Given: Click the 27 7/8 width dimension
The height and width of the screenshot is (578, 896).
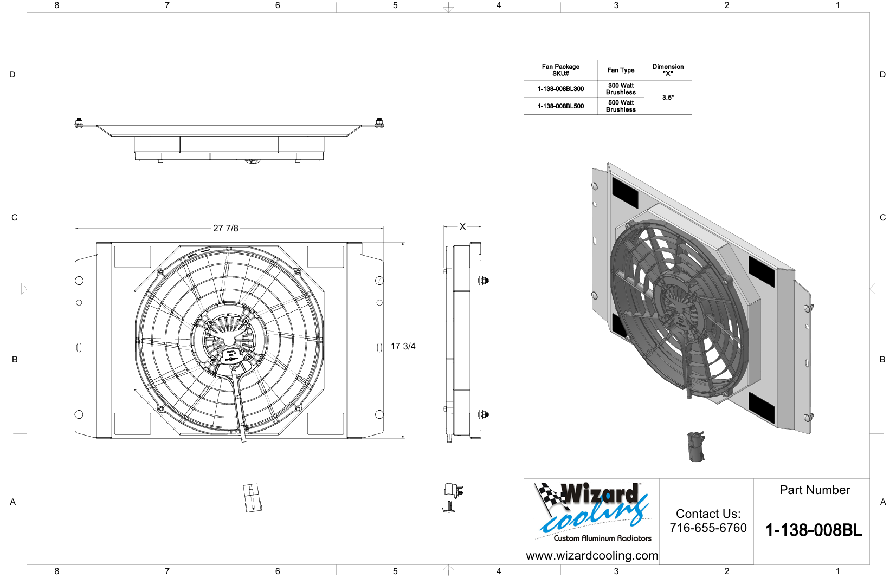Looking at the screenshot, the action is [225, 228].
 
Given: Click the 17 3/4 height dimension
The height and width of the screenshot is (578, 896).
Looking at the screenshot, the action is [403, 346].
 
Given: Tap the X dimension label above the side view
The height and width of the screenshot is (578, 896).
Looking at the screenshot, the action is [462, 226].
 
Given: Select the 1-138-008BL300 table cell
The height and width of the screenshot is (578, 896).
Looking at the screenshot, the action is [560, 89].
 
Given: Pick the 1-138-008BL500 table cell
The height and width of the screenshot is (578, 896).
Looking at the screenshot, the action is [560, 106].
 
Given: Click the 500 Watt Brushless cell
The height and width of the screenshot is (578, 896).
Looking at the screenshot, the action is [621, 106].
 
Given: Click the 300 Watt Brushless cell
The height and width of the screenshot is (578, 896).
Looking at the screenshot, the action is [621, 89].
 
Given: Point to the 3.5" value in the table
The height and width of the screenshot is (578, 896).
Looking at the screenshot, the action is [668, 98].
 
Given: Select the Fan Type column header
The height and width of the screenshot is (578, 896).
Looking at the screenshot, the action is [621, 70].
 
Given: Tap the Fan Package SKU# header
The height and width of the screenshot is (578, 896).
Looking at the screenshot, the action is [560, 70].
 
